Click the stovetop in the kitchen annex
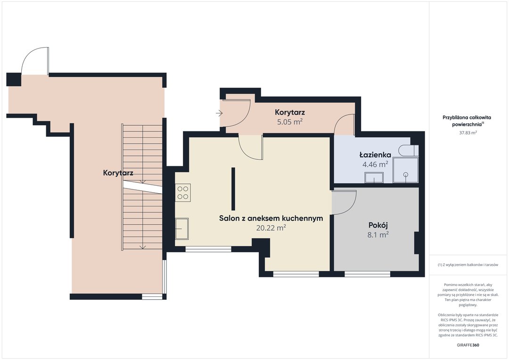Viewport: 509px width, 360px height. (x=183, y=193)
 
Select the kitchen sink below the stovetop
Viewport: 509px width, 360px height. (x=182, y=229)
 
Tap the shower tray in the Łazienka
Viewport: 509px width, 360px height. (x=405, y=170)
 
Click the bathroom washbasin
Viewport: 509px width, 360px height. (x=374, y=178)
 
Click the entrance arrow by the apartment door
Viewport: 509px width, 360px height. (x=219, y=113)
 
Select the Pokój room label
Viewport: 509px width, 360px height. (x=378, y=225)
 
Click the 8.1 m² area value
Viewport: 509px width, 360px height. (x=378, y=234)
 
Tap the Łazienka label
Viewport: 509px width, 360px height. (x=375, y=155)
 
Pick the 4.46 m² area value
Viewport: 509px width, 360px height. (x=375, y=164)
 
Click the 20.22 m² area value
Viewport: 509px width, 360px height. (x=271, y=228)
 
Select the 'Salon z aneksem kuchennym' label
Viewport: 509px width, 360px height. (x=271, y=218)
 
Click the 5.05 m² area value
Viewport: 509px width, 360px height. (x=289, y=122)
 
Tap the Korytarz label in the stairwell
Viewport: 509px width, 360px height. (x=118, y=172)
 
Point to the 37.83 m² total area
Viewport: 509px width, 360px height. (x=468, y=132)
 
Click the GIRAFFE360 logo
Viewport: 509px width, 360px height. (x=468, y=345)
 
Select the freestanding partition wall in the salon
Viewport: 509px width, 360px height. (x=233, y=189)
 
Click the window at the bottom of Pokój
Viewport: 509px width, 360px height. (x=367, y=274)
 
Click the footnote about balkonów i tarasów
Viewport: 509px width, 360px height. (x=468, y=265)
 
